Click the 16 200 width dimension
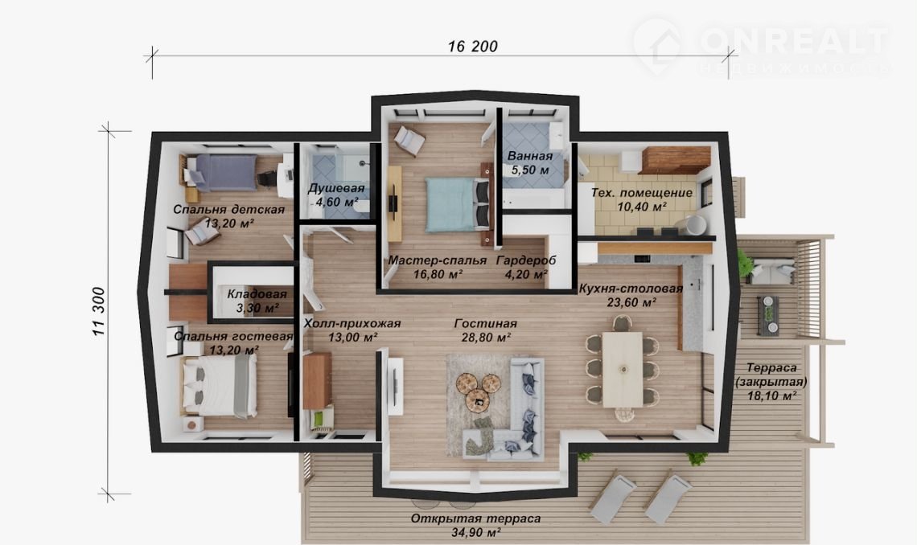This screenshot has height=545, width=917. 472,46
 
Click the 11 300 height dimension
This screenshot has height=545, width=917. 99,311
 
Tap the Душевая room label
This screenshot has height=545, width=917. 336,188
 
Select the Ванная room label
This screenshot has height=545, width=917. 530,156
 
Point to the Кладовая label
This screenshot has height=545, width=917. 257,294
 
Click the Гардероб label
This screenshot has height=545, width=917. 526,260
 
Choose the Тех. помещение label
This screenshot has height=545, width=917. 642,193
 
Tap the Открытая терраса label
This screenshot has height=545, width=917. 475,518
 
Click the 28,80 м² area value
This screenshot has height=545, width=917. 485,338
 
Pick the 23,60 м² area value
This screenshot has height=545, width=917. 631,302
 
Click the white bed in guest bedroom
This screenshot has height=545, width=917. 220,386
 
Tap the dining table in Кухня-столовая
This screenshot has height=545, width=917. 623,369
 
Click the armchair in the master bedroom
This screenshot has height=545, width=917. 409,140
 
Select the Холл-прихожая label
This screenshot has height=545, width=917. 352,323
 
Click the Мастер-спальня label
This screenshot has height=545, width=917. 438,260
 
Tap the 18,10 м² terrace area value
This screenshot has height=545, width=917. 772,396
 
